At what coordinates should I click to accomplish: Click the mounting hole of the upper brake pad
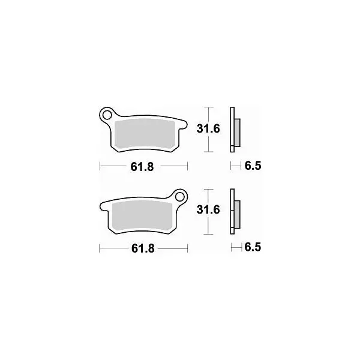point(107,115)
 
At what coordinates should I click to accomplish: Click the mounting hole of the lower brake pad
point(179,197)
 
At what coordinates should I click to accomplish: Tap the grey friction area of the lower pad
point(142,216)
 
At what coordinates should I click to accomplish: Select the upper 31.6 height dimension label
point(208,129)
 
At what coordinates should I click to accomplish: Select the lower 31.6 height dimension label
point(208,210)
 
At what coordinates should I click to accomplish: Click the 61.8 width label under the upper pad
point(142,167)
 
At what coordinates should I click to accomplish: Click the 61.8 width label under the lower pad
point(143,248)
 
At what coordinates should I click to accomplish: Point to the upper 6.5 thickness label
point(253,166)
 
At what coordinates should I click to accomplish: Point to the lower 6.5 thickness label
point(253,247)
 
